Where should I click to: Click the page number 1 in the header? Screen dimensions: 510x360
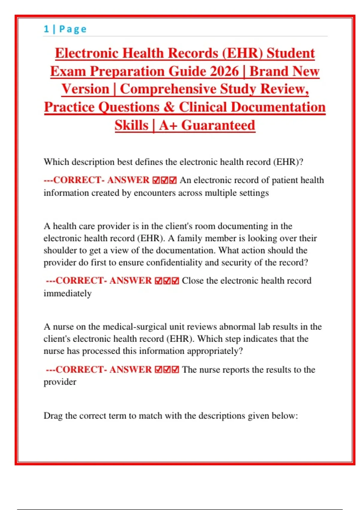coord(46,29)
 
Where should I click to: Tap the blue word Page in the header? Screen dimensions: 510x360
coord(73,29)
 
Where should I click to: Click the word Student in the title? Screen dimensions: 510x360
coord(291,53)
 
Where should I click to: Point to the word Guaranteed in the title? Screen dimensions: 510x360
coord(218,125)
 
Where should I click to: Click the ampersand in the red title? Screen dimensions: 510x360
coord(169,107)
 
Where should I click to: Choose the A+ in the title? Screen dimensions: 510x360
coord(168,125)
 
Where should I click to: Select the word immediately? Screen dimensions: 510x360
coord(67,293)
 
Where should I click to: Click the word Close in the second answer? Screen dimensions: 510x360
coord(193,281)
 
